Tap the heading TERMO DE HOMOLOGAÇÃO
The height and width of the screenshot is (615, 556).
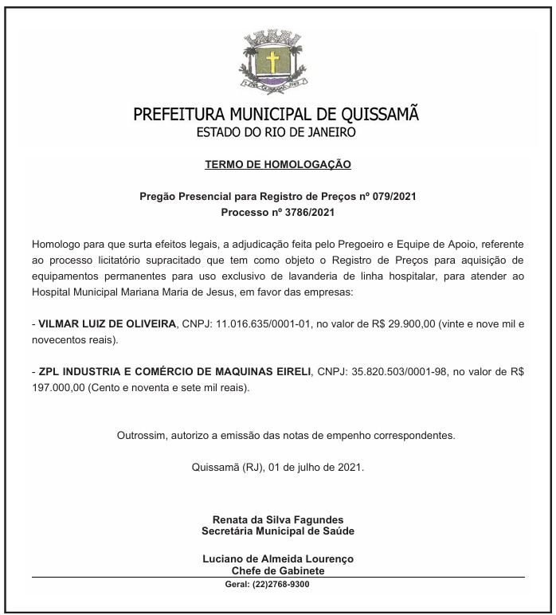point(278,165)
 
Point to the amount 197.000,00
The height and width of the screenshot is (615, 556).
point(57,388)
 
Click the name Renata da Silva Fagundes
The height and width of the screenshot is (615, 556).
point(278,520)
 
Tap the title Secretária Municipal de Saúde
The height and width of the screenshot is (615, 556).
point(278,531)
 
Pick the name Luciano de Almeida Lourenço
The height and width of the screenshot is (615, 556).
point(278,559)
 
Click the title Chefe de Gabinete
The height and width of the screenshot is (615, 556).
point(278,570)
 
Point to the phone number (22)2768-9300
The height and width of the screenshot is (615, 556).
point(281,584)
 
